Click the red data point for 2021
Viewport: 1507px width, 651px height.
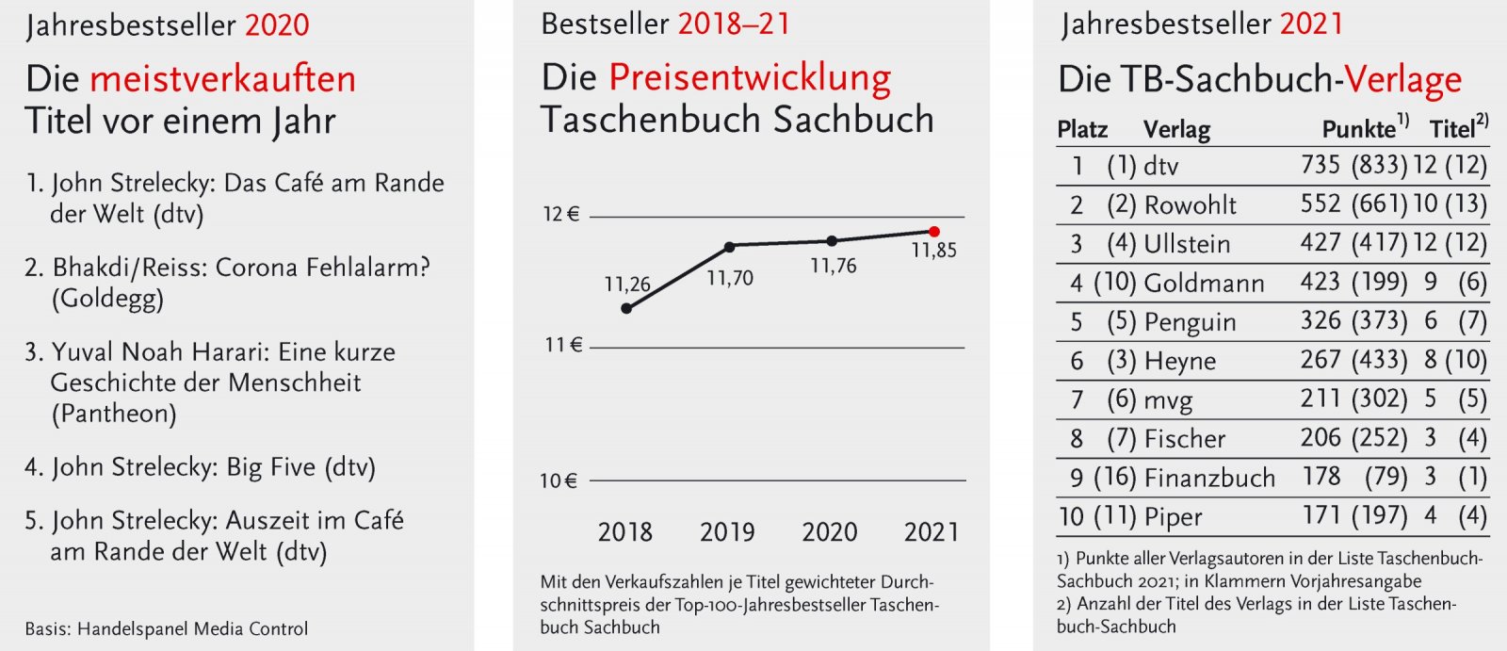(933, 231)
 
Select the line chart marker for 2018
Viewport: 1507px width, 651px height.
(627, 308)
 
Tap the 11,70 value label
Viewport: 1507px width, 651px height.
(730, 278)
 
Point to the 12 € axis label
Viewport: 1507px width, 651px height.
(560, 215)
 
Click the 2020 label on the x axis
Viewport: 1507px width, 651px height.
(829, 532)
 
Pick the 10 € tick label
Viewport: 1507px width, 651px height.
(558, 481)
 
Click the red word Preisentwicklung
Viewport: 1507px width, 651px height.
(750, 78)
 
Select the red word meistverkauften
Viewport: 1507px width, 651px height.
(223, 79)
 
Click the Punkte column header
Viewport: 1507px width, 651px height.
(1359, 129)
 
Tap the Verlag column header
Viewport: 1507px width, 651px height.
(1176, 129)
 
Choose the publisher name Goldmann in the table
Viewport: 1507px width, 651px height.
(1204, 283)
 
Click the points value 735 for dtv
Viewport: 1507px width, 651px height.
(1321, 165)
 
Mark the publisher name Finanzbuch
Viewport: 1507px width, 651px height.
(1209, 478)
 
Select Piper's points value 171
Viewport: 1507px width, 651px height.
(1321, 515)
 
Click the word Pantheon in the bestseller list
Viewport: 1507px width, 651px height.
(113, 414)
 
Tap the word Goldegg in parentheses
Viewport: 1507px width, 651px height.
(106, 299)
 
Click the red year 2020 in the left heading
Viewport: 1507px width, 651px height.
(277, 25)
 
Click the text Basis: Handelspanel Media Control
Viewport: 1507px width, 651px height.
(167, 628)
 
